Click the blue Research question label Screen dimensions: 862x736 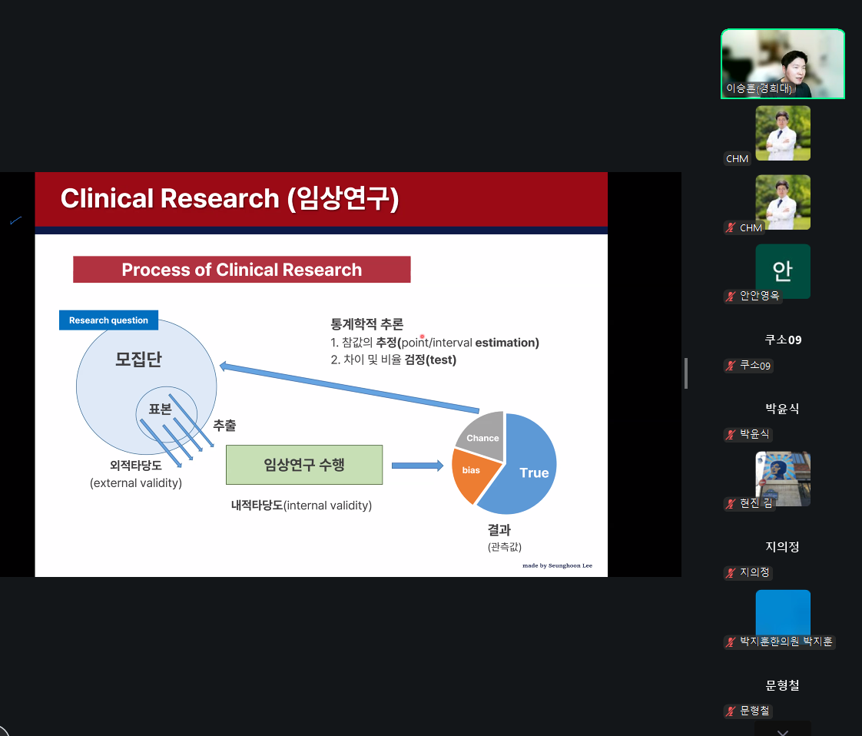tap(109, 320)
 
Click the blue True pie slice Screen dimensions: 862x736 tap(525, 467)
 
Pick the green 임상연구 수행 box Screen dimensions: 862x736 tap(304, 465)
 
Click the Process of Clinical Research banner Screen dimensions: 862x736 tap(242, 270)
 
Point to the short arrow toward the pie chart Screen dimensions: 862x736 tap(417, 466)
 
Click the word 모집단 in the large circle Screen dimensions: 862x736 tap(138, 359)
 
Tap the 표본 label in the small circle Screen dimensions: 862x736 tap(160, 409)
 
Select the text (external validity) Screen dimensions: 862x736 tap(136, 482)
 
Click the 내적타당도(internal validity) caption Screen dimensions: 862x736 tap(301, 506)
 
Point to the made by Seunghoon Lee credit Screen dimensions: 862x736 tap(557, 565)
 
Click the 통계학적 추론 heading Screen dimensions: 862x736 tap(366, 323)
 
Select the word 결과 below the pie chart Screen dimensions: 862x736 tap(499, 530)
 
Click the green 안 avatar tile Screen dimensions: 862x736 tap(783, 271)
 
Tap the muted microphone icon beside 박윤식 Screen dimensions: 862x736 tap(731, 434)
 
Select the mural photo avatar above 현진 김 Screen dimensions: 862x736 tap(783, 478)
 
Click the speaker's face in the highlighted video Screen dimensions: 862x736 tap(795, 66)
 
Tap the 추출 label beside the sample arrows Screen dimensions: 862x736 tap(224, 426)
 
